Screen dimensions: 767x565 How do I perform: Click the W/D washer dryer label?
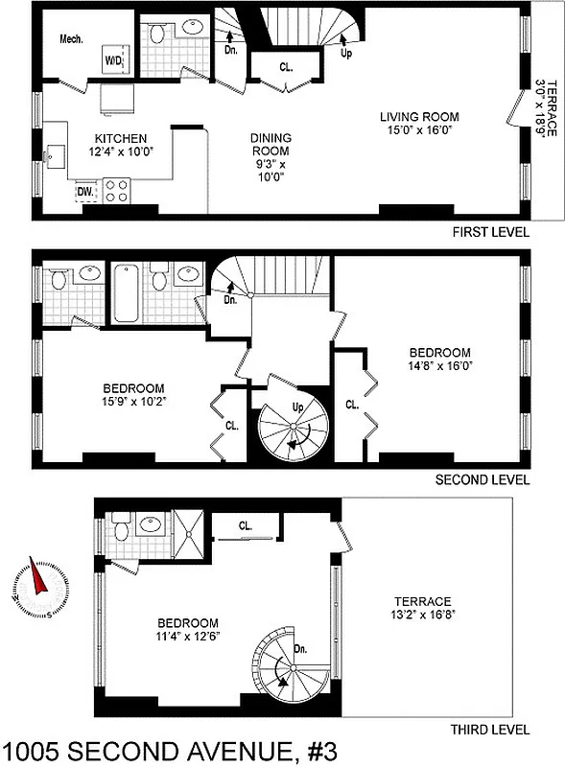point(113,62)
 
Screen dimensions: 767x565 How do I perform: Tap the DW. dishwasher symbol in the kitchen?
point(84,191)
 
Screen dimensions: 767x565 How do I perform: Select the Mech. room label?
point(72,40)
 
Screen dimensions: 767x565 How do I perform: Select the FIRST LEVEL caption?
point(491,233)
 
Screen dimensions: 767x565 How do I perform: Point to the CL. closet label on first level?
point(286,68)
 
